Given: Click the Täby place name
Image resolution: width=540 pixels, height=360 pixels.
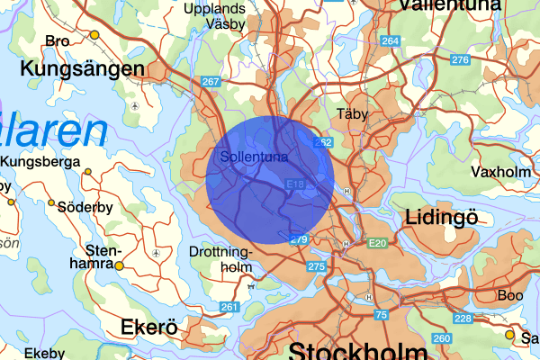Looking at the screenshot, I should click(x=352, y=114).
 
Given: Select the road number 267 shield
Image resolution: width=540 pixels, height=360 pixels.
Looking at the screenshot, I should click(x=211, y=82).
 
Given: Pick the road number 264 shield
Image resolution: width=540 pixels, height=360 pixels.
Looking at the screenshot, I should click(x=390, y=41).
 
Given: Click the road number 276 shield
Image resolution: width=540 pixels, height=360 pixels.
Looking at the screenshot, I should click(x=461, y=60).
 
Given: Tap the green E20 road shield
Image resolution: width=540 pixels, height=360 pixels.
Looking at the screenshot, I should click(x=376, y=243).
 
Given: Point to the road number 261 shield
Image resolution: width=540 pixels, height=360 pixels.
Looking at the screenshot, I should click(x=229, y=308).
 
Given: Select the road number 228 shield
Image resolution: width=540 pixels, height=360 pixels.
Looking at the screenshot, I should click(x=463, y=319).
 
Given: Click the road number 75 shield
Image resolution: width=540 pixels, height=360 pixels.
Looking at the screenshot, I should click(x=381, y=314).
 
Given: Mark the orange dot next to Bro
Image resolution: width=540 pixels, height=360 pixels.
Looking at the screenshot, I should click(x=94, y=35).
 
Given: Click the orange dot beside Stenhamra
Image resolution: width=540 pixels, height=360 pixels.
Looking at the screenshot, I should click(x=120, y=265).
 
